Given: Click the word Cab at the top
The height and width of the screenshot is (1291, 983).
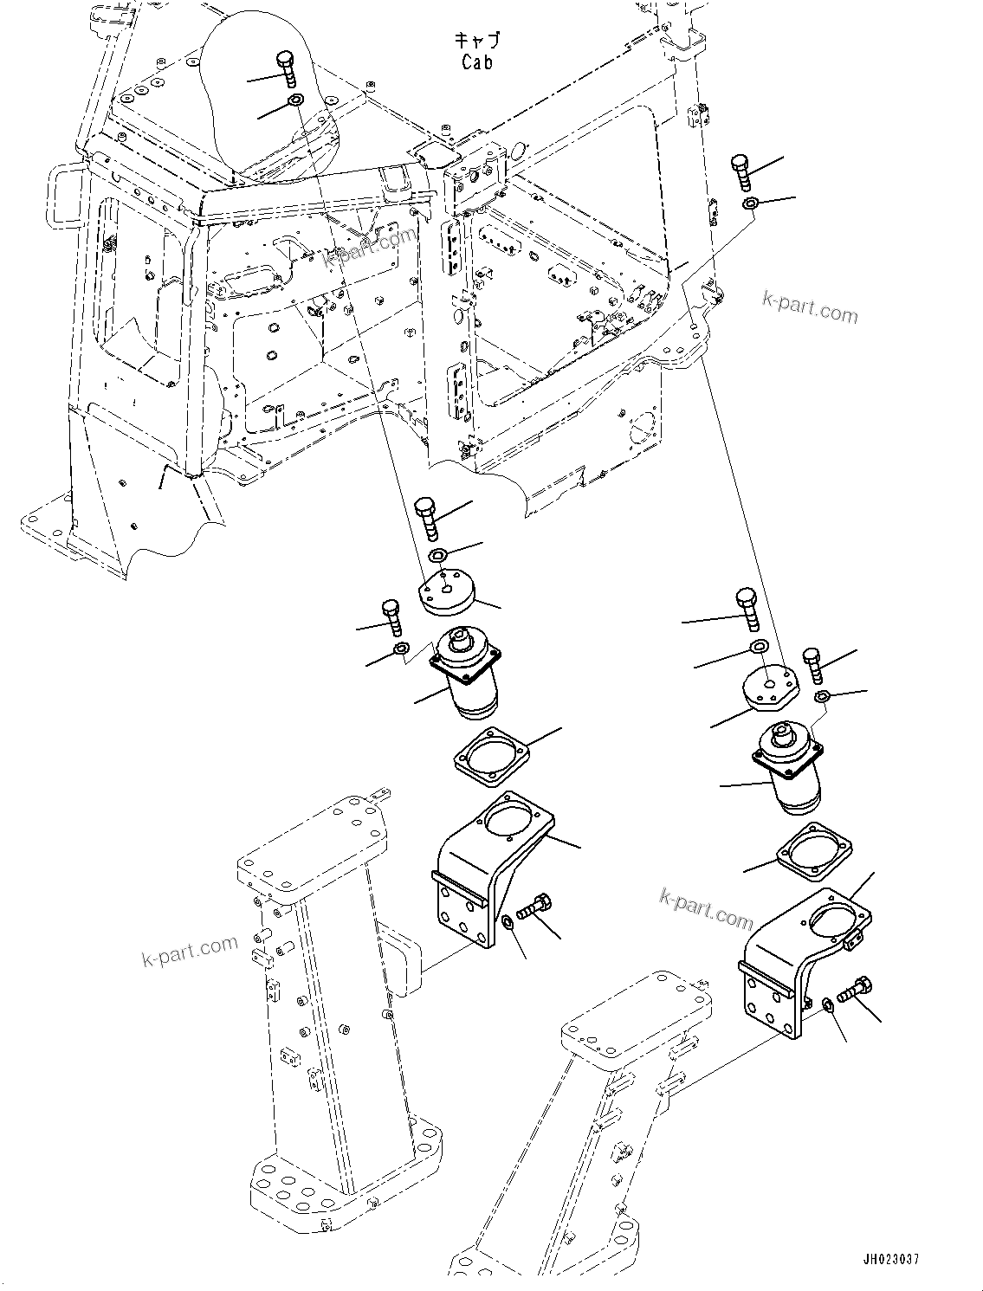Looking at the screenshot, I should (x=477, y=62).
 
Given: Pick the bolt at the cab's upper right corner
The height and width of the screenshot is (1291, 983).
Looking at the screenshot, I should (x=740, y=174).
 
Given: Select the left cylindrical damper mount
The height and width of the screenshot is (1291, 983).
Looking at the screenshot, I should (x=469, y=672).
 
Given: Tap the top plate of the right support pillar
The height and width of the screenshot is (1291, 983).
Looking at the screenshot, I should (x=637, y=1023).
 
